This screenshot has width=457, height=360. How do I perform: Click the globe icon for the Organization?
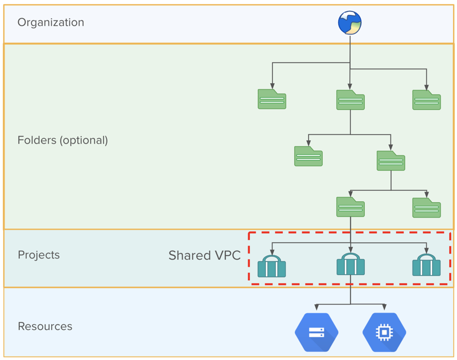click(x=349, y=23)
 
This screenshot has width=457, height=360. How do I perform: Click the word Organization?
click(x=51, y=22)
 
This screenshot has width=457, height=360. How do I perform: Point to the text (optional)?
click(x=85, y=140)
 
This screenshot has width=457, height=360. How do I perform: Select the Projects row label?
click(x=39, y=255)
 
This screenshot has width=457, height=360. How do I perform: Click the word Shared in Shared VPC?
click(x=188, y=256)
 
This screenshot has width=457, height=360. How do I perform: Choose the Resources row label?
click(x=45, y=326)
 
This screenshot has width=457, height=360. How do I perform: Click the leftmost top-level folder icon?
click(x=272, y=99)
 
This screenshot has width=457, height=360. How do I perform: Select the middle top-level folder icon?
click(x=350, y=100)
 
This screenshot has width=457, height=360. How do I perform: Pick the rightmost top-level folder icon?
click(x=426, y=100)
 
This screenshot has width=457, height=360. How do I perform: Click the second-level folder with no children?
click(x=308, y=157)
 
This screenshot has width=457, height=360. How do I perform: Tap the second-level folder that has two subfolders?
click(x=390, y=161)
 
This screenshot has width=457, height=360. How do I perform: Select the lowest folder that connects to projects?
click(x=350, y=207)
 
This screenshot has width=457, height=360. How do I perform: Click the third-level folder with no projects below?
click(x=426, y=208)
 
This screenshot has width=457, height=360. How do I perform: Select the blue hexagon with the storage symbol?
click(x=316, y=332)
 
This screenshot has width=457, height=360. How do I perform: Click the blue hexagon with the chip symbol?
click(x=384, y=332)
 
